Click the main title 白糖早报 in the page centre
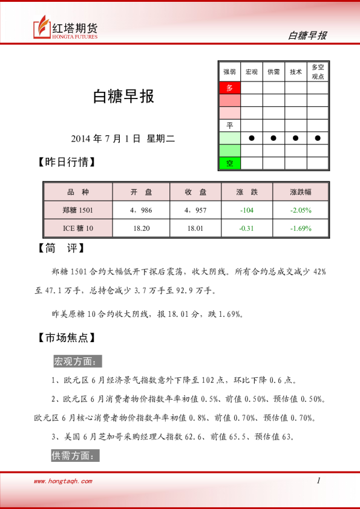coord(123,97)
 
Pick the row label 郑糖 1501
coord(78,210)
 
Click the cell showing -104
coord(246,210)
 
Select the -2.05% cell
coord(300,210)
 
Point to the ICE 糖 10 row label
coord(78,228)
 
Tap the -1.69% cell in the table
coord(300,228)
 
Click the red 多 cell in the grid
coord(229,88)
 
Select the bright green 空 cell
coord(229,163)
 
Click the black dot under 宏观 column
coord(251,138)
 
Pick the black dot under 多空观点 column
coord(318,138)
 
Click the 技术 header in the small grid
coord(295,71)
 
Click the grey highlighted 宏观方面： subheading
coord(77,361)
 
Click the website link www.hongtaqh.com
coord(63,481)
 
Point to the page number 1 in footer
coord(318,481)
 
